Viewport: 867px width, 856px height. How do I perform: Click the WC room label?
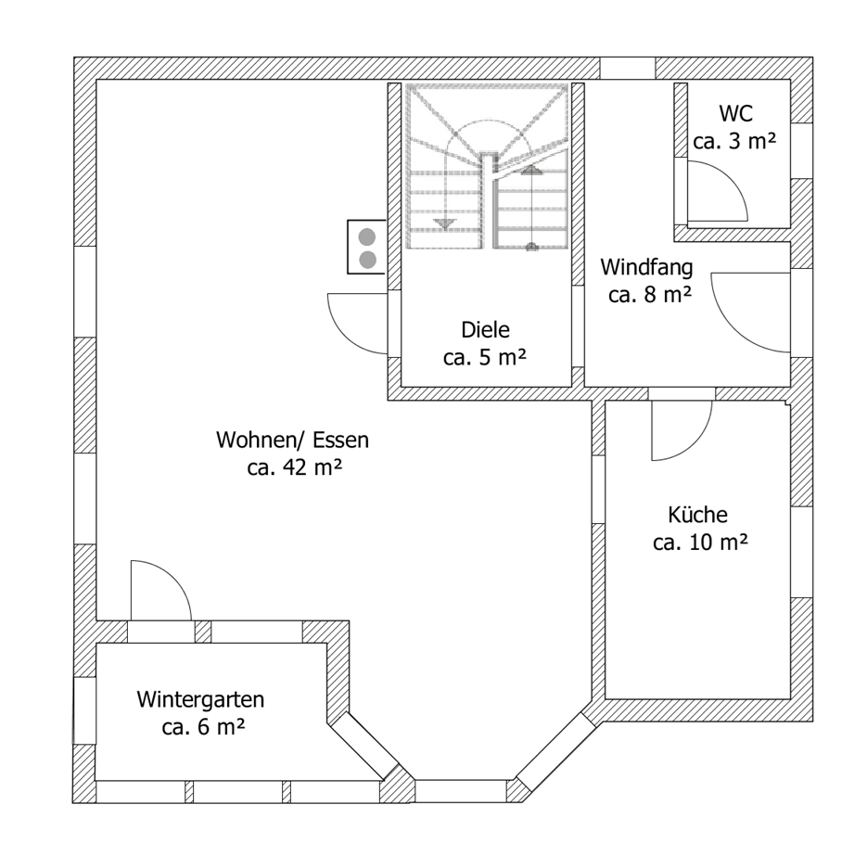coord(734,114)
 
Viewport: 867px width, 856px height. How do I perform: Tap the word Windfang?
coord(646,268)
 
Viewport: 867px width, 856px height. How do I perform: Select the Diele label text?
coord(485,329)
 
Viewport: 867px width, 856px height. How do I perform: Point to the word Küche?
coord(697,515)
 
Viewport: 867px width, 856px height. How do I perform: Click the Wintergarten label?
coord(201,698)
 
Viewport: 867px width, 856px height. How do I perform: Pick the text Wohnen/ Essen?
coord(292,439)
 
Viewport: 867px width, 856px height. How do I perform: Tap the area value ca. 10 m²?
coord(700,543)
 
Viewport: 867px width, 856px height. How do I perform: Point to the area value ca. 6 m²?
coord(203,727)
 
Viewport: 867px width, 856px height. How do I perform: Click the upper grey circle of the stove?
coord(367,236)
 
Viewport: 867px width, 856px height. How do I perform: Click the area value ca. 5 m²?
coord(485,357)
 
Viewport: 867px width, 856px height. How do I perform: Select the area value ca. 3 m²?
coord(734,142)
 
